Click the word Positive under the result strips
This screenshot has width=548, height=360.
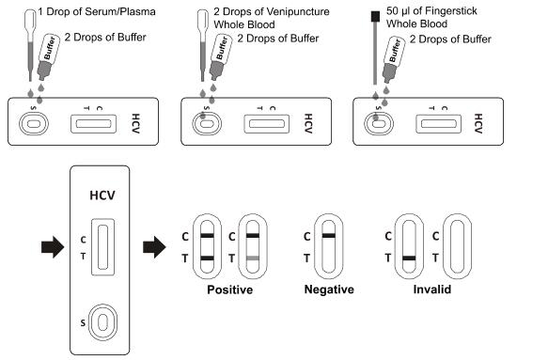coord(229,290)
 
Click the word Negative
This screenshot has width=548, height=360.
coord(329,290)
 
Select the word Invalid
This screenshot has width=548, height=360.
coord(432,290)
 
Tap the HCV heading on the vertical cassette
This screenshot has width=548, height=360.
coord(102,195)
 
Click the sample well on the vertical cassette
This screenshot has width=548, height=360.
coord(102,322)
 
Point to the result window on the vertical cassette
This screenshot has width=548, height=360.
coord(102,247)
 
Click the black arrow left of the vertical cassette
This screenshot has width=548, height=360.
coord(53,247)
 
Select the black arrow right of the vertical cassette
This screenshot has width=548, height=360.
coord(154,247)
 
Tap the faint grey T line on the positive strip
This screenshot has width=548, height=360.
coord(253,258)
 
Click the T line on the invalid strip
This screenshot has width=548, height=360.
coord(409,258)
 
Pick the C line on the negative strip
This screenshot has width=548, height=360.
coord(329,236)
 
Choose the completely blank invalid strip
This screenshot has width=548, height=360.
coord(457,246)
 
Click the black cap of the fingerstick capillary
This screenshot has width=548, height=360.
coord(375,16)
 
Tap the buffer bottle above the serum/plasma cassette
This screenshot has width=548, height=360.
coord(48,55)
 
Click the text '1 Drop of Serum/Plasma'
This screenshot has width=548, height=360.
coord(97,11)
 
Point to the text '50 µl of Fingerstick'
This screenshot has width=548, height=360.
coord(431,11)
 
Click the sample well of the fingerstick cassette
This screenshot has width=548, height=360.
coord(379,124)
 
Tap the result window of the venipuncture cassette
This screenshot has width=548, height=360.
coord(267,124)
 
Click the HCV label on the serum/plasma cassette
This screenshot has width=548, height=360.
coord(135,123)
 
